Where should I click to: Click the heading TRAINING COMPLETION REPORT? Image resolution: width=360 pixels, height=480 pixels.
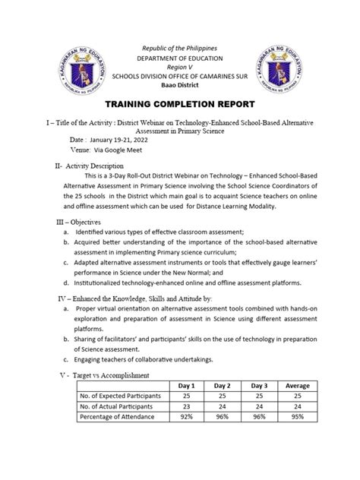(x=179, y=104)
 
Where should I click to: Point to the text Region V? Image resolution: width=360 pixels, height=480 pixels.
(x=180, y=68)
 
